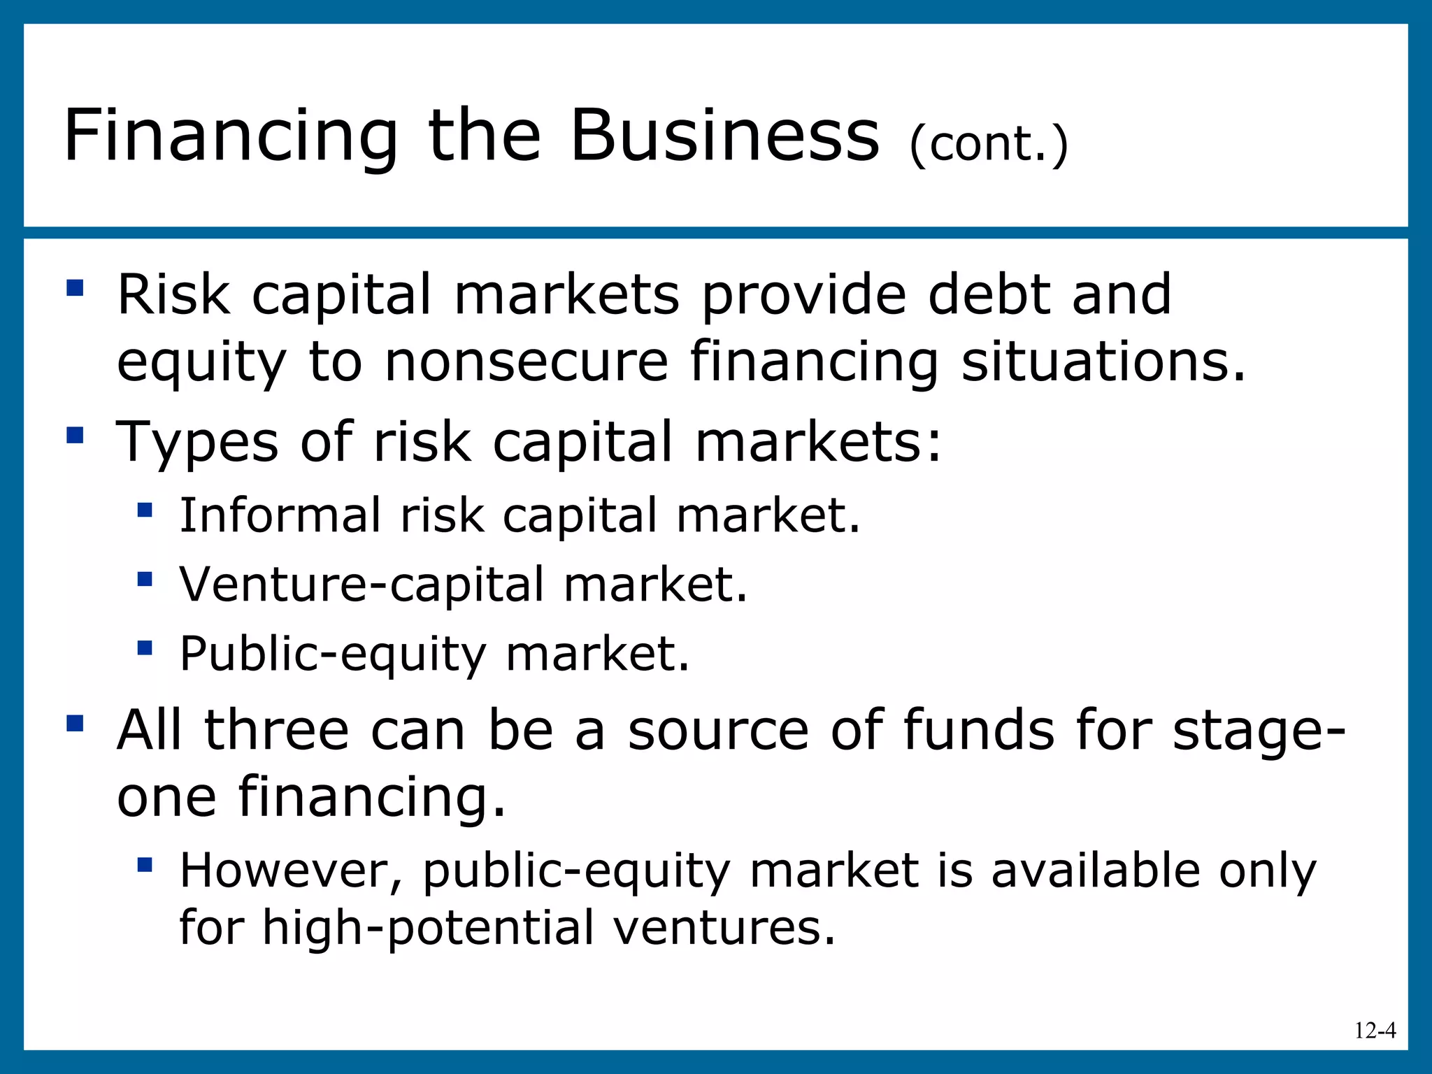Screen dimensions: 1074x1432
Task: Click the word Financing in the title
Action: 231,136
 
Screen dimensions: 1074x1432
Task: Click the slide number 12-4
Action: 1375,1031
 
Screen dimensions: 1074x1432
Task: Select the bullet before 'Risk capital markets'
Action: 75,288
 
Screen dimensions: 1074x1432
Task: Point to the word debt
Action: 989,294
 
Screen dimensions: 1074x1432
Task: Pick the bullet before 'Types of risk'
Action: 75,436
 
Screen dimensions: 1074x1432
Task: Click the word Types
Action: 197,443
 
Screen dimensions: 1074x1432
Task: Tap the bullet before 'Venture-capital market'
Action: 145,579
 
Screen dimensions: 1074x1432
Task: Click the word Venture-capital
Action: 361,585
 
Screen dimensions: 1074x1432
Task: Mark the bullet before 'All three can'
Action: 75,723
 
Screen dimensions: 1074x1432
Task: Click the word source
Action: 717,731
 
